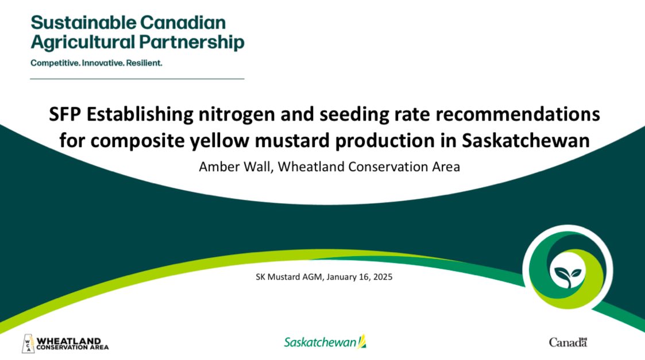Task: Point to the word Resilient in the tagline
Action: pos(144,63)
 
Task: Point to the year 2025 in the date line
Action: pos(381,277)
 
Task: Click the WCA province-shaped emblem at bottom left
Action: pos(28,343)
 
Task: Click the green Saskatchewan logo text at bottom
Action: pos(320,342)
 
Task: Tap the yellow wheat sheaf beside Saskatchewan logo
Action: pos(362,342)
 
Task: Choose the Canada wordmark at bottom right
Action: pos(567,343)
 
